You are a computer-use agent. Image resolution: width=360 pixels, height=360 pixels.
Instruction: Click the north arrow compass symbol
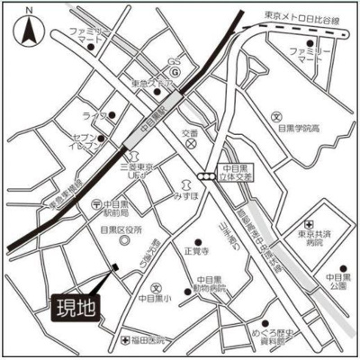coord(31,31)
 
